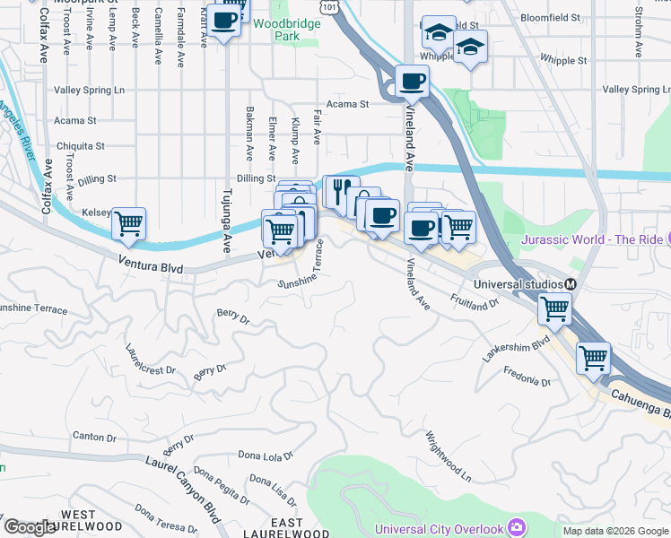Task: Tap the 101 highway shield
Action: tap(331, 7)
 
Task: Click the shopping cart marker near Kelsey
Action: tap(129, 223)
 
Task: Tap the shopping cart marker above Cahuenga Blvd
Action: tap(593, 357)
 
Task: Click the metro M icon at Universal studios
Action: tap(569, 284)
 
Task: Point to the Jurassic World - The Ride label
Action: tap(592, 239)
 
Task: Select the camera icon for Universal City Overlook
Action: tap(516, 526)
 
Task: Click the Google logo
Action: tap(30, 528)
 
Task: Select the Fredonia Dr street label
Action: tap(527, 376)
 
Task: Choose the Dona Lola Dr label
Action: tap(266, 456)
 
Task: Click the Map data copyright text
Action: tap(614, 531)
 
